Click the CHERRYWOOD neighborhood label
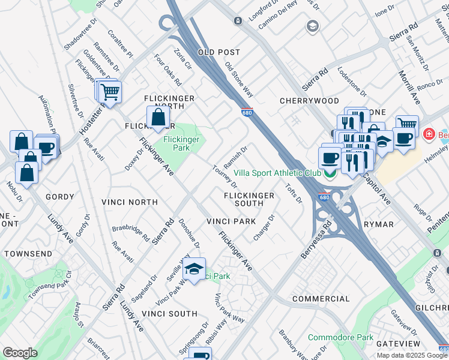309,101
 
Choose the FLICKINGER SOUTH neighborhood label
249,200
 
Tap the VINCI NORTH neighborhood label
129,202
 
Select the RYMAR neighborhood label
379,224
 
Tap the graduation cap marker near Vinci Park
194,269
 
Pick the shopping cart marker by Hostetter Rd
110,92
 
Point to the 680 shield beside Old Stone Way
248,112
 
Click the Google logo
20,353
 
